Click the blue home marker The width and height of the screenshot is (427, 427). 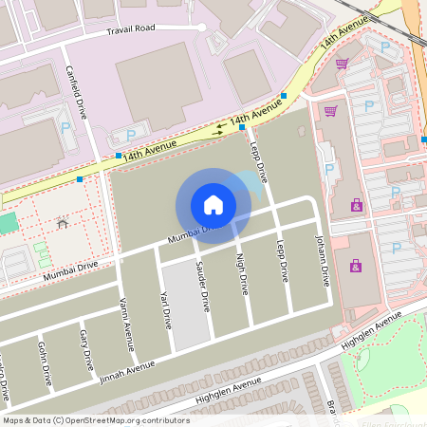[x=213, y=204]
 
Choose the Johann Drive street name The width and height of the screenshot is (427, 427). [x=323, y=261]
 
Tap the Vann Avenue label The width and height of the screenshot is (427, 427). [x=126, y=318]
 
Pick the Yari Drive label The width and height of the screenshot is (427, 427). [x=166, y=310]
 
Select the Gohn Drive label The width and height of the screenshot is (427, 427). [x=44, y=363]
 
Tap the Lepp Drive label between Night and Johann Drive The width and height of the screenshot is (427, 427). [x=282, y=261]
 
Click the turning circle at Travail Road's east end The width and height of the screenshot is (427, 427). [x=202, y=28]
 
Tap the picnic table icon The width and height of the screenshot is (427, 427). [x=62, y=225]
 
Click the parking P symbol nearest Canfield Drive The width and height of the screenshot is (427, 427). [x=65, y=127]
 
